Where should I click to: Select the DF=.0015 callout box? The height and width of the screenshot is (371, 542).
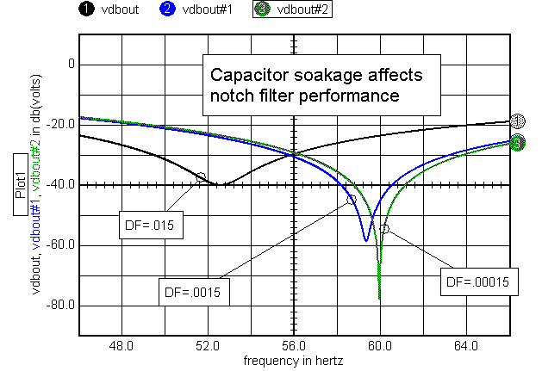click(192, 292)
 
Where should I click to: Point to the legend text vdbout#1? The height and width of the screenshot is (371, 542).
click(212, 9)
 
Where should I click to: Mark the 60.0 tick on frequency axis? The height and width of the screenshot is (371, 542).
click(380, 347)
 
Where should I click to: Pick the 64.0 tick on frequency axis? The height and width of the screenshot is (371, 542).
click(466, 347)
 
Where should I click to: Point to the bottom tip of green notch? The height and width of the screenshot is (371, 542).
click(379, 299)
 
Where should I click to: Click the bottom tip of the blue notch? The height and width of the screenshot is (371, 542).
click(366, 241)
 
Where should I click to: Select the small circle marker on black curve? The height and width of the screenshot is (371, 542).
click(201, 176)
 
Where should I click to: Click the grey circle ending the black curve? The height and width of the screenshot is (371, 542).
click(516, 121)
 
